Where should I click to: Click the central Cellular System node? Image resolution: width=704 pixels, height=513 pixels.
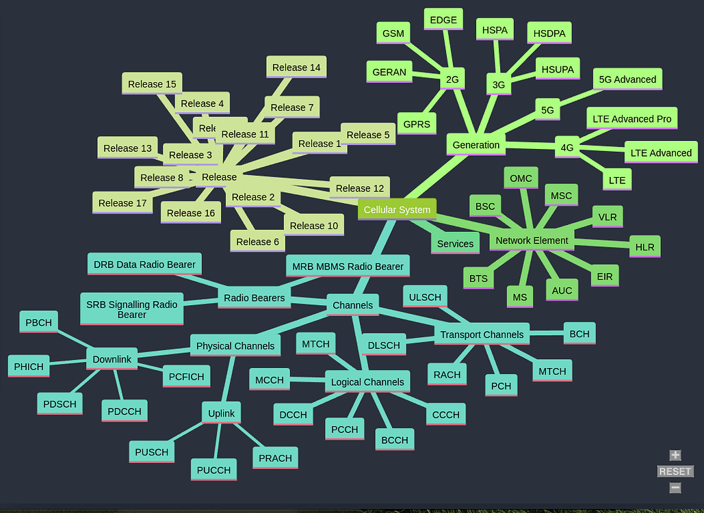point(397,210)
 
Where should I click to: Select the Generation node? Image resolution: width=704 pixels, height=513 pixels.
point(476,145)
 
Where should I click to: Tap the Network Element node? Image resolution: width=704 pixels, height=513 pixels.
point(532,241)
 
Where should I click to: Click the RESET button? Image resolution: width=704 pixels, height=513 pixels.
point(675,471)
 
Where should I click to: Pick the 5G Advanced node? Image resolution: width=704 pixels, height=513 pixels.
point(627,79)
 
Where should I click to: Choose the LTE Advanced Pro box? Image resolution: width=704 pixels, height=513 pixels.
point(631,119)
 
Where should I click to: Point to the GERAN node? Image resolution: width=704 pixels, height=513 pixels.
point(389,72)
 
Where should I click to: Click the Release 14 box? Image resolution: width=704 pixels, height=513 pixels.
point(296,68)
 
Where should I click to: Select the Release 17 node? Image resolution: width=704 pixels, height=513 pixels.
point(122,203)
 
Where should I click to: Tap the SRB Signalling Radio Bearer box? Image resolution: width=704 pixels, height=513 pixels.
point(131,309)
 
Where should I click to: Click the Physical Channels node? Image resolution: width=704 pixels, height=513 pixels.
point(235,346)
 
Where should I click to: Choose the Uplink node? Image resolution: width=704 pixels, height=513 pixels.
point(221,413)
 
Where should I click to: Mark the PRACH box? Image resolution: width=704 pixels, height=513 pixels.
point(276,458)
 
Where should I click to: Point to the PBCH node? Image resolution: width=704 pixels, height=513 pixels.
point(39,323)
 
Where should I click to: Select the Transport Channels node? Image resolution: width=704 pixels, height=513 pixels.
point(482,334)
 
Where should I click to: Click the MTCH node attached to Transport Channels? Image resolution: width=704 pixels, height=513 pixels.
point(552,371)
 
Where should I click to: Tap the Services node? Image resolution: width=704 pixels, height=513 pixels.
point(455,244)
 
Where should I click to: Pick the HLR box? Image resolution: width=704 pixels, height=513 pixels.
point(644,247)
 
